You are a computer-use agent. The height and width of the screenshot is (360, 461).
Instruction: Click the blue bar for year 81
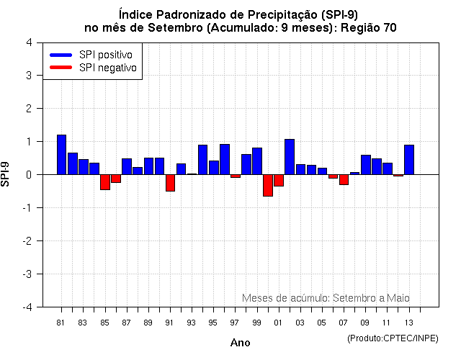(x=61, y=155)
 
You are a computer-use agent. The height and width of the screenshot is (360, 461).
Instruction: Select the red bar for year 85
(x=105, y=182)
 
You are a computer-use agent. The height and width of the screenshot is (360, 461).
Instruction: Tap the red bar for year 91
(x=170, y=183)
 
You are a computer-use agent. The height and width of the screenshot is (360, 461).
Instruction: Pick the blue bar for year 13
(x=409, y=160)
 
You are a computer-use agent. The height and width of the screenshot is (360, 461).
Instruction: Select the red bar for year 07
(x=344, y=179)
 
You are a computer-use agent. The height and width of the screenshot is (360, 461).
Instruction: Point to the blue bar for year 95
(x=214, y=168)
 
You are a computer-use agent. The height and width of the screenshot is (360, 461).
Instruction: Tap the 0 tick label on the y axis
(x=28, y=175)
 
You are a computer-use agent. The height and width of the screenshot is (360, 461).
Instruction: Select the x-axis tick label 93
(x=191, y=323)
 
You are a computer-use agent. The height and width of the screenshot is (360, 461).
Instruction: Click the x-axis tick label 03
(x=300, y=323)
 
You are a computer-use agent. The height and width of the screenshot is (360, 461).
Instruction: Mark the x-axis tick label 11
(x=387, y=323)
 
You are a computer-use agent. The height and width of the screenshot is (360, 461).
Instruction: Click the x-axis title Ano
(x=240, y=343)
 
